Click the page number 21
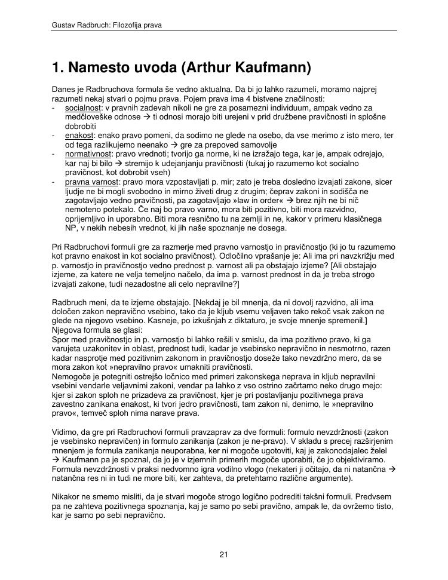point(224,555)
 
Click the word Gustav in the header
point(64,26)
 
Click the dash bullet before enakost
point(54,136)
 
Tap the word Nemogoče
point(73,376)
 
